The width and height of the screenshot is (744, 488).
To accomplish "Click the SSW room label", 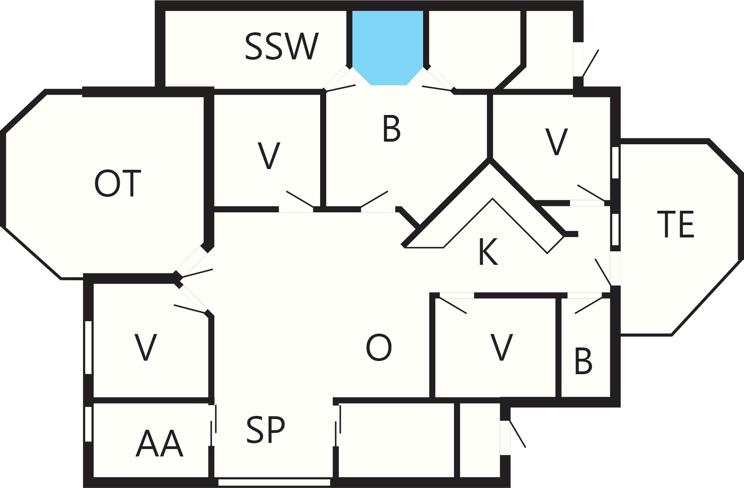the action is coord(281,47).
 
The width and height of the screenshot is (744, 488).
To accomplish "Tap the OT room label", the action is coord(118,183).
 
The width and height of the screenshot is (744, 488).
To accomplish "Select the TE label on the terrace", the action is coord(675,224).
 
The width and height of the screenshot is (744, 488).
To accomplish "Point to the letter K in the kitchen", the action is coord(488,252).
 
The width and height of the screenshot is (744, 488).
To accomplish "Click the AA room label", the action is coord(159,444).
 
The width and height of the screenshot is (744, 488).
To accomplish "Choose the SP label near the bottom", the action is coord(265,429).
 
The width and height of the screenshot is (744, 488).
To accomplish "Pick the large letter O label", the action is coord(379,347).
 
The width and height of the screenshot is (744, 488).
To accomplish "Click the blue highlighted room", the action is coord(388,47).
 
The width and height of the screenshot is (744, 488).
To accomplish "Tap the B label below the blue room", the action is coord(392,129).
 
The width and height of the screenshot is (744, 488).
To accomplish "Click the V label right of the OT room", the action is coord(269,156).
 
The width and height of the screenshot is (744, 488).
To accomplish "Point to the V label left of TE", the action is coord(556,142).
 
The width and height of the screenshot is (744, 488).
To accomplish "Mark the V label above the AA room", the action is coord(145,347).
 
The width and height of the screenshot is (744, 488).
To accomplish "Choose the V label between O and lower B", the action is coord(502,347).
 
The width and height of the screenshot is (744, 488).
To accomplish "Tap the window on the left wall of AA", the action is coord(88,424).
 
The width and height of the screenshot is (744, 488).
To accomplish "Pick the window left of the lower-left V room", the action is coord(88,347).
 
